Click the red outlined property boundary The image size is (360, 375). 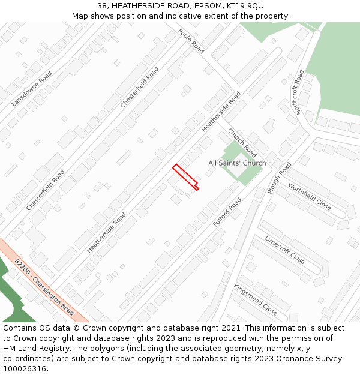[x=186, y=178]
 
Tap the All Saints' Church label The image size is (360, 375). [x=237, y=163]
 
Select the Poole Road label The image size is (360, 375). [x=191, y=41]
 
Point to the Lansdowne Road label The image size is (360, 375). [x=32, y=89]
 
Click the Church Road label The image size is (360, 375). [x=242, y=143]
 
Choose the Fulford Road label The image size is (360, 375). [x=227, y=212]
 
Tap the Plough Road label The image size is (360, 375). [x=279, y=178]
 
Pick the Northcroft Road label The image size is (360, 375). [x=299, y=92]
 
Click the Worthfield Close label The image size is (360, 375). [x=309, y=196]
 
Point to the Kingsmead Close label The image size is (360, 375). [x=256, y=299]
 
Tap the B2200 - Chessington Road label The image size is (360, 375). [x=44, y=287]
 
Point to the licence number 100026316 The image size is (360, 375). [x=25, y=369]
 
